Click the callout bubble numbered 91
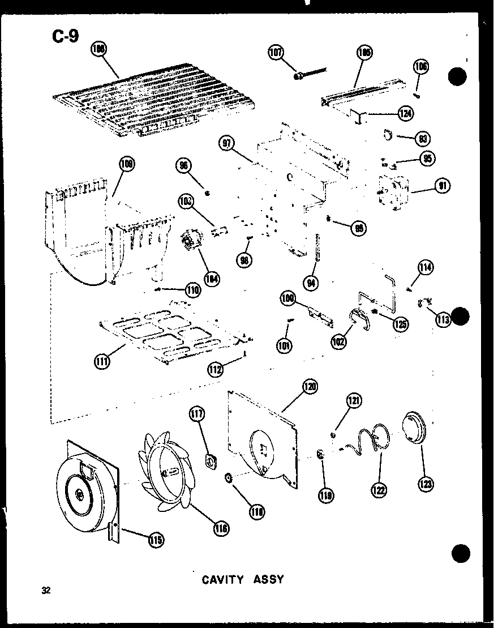tap(441, 185)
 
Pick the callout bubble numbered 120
tap(310, 387)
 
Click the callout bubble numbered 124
tap(405, 114)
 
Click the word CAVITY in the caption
tap(222, 579)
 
